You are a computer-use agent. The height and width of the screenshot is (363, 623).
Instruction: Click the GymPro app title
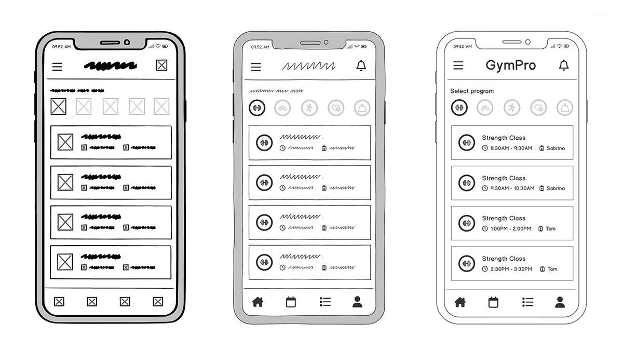(510, 65)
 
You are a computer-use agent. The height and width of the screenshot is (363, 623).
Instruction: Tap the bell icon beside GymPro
(563, 65)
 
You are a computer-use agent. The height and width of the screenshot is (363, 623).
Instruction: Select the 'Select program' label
(471, 91)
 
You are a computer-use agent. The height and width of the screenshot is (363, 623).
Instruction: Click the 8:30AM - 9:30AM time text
(511, 148)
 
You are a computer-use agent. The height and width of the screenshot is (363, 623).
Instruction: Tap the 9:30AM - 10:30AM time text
(512, 189)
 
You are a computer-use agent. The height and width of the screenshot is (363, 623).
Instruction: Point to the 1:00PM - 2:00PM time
(511, 228)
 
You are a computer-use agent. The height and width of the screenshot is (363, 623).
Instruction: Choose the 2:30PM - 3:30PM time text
(511, 269)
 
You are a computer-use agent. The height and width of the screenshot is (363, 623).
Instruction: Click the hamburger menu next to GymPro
(458, 65)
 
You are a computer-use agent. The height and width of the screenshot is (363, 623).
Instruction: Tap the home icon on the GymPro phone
(460, 302)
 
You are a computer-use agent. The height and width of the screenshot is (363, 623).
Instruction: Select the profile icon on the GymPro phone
(560, 302)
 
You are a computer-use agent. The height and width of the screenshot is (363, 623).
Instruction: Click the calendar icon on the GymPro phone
(493, 302)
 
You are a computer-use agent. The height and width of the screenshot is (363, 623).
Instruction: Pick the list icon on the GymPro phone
(527, 302)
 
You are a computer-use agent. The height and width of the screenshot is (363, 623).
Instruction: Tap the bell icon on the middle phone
(361, 66)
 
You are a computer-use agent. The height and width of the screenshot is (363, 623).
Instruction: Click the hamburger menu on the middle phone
(256, 67)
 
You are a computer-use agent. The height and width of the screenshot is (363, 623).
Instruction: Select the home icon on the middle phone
(258, 302)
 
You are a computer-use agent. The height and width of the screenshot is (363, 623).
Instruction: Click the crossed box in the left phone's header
(162, 65)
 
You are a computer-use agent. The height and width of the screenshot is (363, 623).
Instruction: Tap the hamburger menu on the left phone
(57, 66)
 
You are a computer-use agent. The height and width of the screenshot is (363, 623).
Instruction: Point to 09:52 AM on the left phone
(61, 47)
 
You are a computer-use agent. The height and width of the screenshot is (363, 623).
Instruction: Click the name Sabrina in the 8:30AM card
(556, 148)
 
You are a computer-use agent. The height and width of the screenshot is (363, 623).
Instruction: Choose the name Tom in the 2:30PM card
(552, 269)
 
